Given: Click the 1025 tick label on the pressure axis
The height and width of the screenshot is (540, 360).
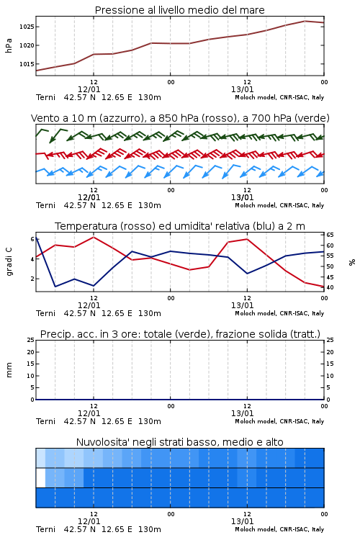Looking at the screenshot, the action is point(27,27).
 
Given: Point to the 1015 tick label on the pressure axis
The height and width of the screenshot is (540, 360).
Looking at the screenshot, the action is point(27,64).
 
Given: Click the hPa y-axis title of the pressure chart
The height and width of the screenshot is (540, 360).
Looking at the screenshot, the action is point(9,45).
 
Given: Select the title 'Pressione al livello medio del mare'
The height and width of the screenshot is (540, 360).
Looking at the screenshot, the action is point(180,10).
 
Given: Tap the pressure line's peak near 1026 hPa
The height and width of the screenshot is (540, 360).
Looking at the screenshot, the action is point(305,21).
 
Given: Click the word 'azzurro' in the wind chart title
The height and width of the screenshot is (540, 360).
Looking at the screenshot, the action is point(120,119).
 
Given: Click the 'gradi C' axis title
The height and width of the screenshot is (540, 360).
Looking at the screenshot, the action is point(9,262).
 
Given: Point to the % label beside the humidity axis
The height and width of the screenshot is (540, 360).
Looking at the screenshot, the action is point(352,262).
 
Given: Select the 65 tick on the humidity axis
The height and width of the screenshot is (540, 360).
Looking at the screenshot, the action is point(330,235).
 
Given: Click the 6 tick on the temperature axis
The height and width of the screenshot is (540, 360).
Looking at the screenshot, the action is point(32,239).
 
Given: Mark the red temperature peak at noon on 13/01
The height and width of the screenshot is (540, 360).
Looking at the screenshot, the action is point(247,239).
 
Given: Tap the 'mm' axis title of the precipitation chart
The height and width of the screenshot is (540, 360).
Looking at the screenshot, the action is point(9,370).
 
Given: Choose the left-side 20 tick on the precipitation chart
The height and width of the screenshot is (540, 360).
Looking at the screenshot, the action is point(31,352).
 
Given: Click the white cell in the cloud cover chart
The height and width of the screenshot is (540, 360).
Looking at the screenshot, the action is point(40,477).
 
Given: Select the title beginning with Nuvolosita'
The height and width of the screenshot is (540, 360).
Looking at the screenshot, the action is point(180,442).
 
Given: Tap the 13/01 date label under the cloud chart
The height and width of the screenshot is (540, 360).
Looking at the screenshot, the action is point(242,521).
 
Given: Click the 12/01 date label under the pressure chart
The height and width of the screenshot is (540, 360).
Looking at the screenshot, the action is point(89,89).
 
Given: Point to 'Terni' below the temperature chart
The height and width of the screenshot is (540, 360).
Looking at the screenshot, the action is point(45,313).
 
